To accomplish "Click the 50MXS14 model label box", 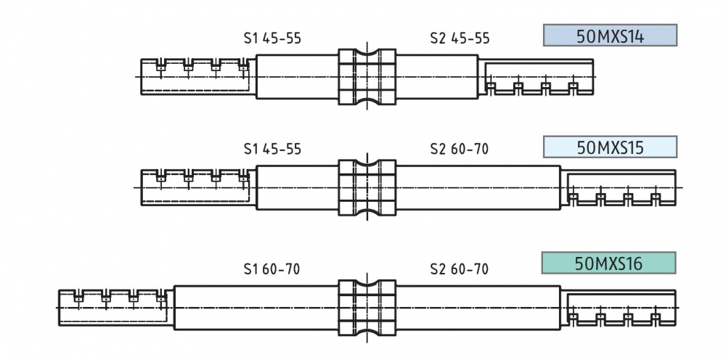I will point(610,36).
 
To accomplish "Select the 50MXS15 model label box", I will point(610,147).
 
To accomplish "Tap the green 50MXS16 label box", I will point(608,263).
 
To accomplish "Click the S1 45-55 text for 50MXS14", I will point(272,38).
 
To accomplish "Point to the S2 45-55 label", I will point(460,38).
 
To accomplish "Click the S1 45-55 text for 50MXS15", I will point(272,150).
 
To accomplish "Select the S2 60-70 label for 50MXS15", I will point(460,150).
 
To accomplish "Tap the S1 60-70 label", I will point(272,269).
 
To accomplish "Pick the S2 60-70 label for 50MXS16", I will point(460,269).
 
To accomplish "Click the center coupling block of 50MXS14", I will point(367,76).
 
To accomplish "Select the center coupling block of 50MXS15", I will point(367,188).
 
